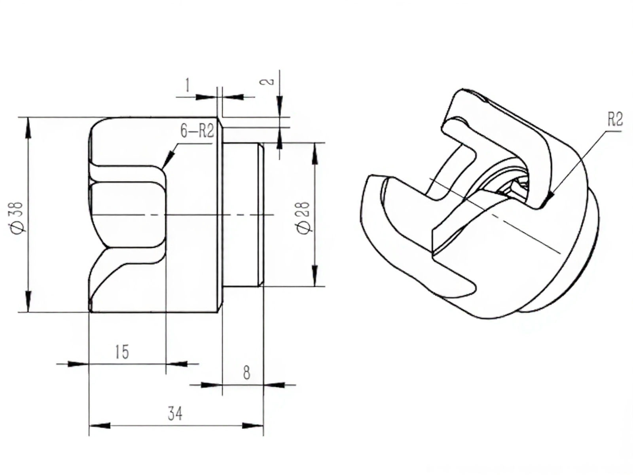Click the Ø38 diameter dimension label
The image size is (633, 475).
[17, 217]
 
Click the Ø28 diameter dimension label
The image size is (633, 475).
[304, 218]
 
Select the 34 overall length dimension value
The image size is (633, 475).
[175, 414]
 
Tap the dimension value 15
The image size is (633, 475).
[122, 352]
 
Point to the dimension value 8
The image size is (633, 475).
[246, 373]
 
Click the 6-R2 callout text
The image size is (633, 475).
[197, 131]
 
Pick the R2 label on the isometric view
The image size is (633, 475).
[616, 119]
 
